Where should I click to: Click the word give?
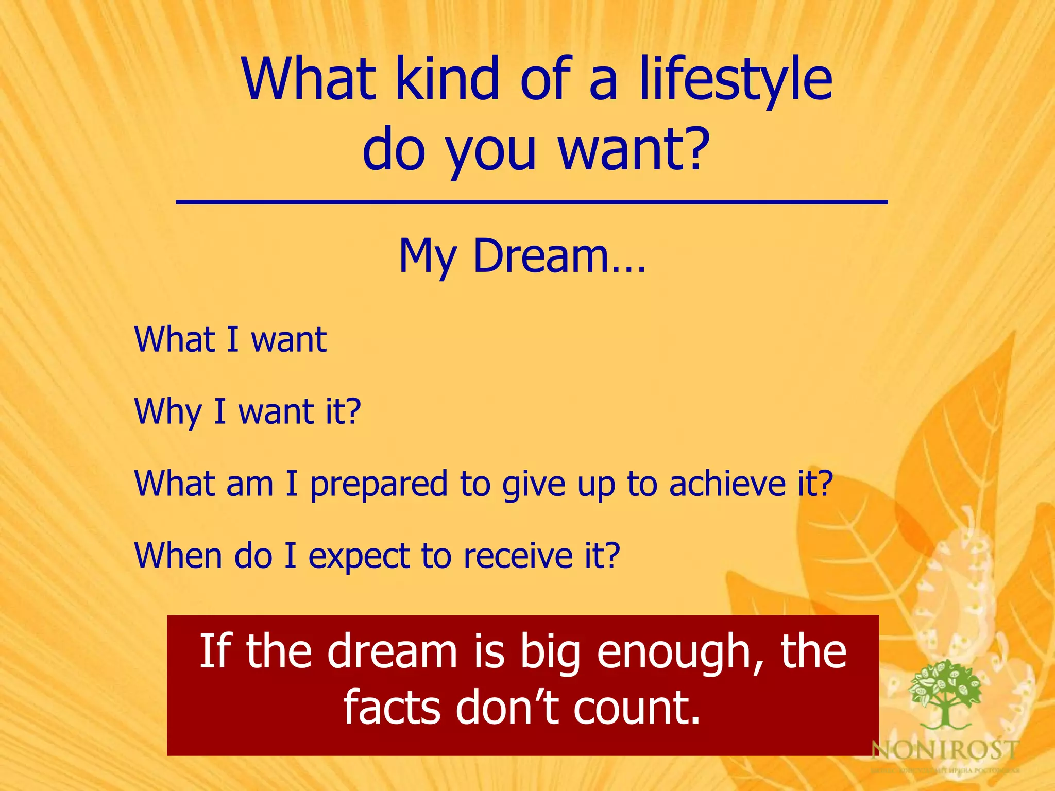pos(534,485)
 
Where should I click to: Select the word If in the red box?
pos(212,651)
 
